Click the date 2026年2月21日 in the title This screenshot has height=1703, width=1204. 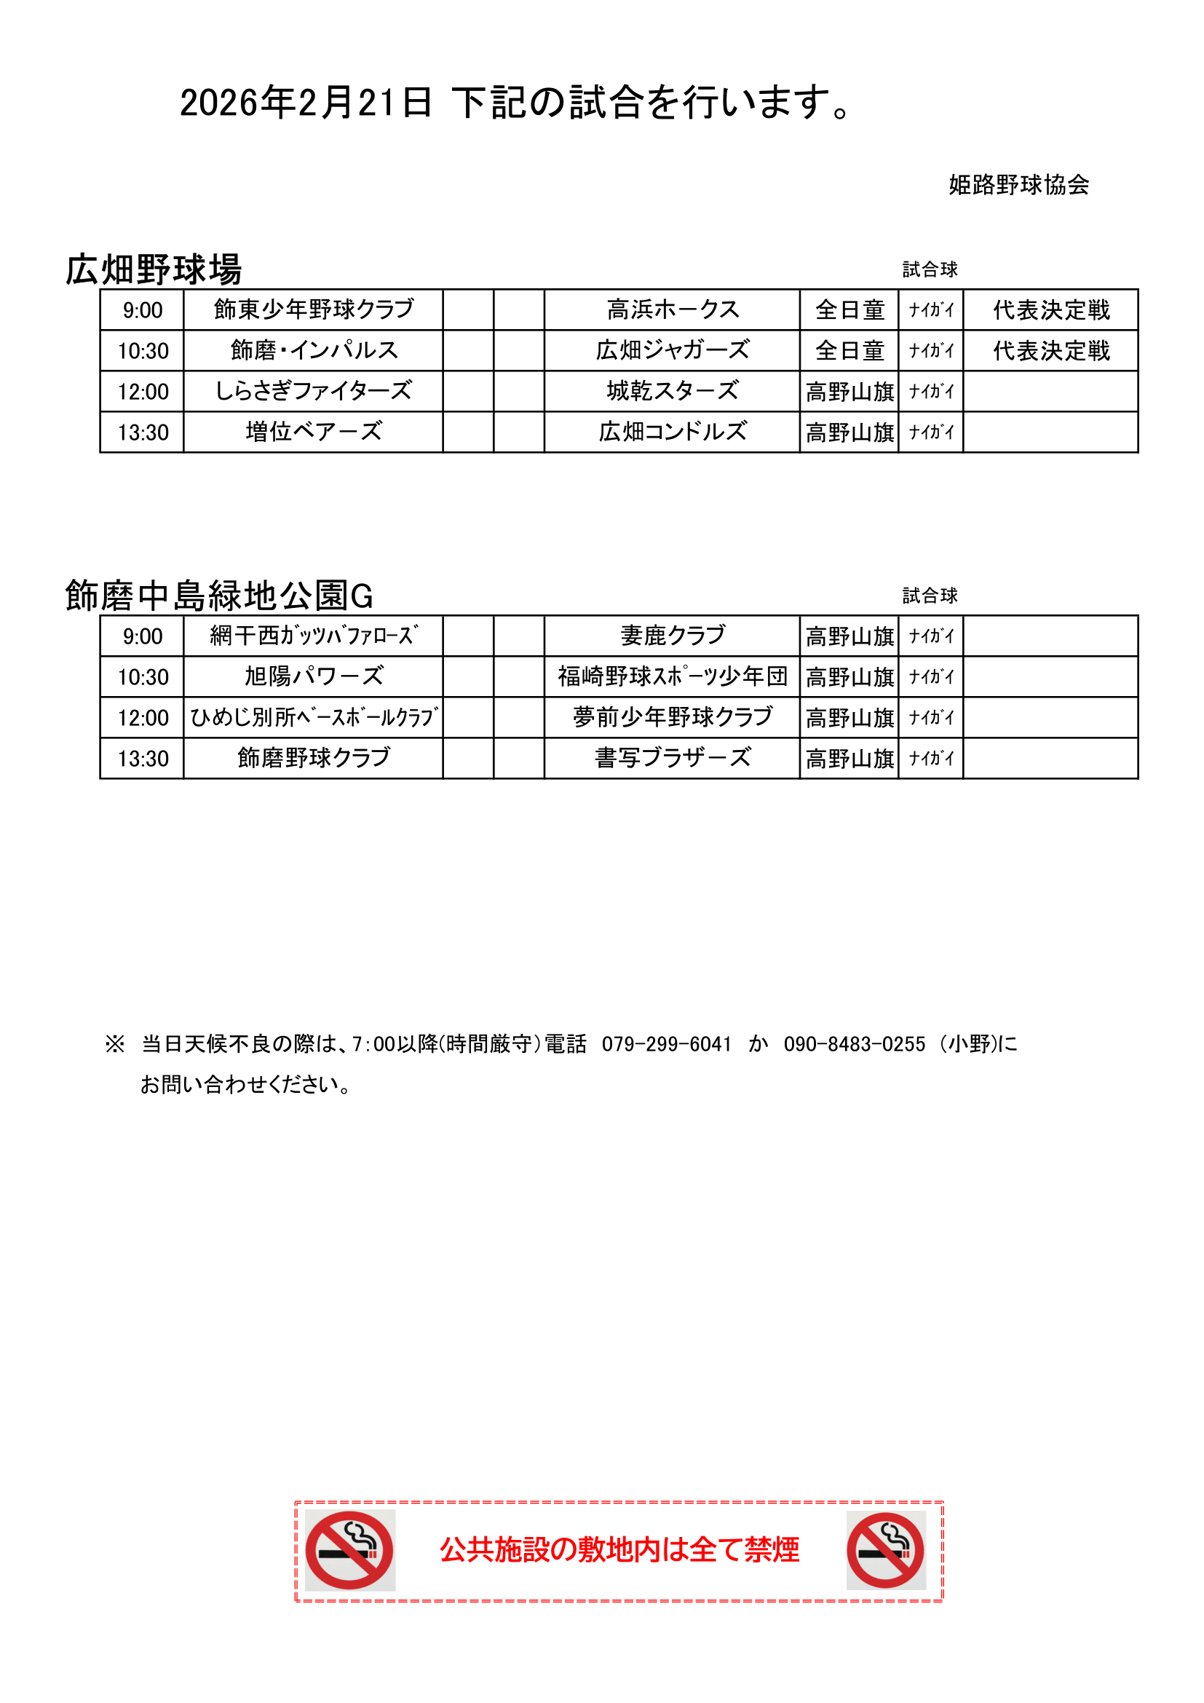[306, 103]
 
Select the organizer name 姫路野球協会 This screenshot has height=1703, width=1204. [1018, 185]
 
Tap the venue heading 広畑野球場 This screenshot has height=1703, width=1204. [154, 269]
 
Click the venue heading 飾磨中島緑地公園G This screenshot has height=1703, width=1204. [218, 596]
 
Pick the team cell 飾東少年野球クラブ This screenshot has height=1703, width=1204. [314, 309]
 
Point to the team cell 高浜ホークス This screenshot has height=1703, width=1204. [673, 309]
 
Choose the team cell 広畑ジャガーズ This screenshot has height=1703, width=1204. [673, 350]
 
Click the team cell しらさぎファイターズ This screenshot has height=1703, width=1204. [314, 391]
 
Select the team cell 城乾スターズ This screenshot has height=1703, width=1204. [673, 391]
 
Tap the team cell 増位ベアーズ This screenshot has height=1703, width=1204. [314, 432]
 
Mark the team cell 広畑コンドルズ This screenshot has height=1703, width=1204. [673, 432]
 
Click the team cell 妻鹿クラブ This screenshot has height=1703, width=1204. [673, 636]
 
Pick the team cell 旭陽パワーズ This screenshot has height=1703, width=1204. [314, 676]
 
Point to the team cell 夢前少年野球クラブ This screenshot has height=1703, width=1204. [673, 717]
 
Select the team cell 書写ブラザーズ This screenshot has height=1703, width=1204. [673, 758]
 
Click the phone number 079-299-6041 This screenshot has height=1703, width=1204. [667, 1044]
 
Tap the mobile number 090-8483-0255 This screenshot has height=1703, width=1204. [854, 1044]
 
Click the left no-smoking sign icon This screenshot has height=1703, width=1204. [349, 1550]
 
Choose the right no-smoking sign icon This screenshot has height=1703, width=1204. [886, 1550]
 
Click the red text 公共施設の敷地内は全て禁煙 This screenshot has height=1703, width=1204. [619, 1550]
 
